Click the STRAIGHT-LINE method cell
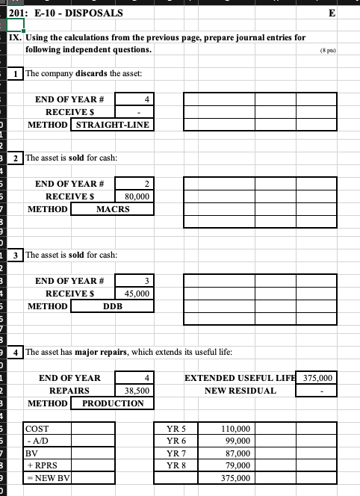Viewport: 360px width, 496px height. [x=112, y=125]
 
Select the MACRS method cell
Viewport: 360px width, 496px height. [x=112, y=209]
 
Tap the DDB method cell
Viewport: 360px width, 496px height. [x=112, y=306]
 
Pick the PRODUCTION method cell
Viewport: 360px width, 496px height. [x=112, y=403]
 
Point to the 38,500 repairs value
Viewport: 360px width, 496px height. [x=135, y=391]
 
